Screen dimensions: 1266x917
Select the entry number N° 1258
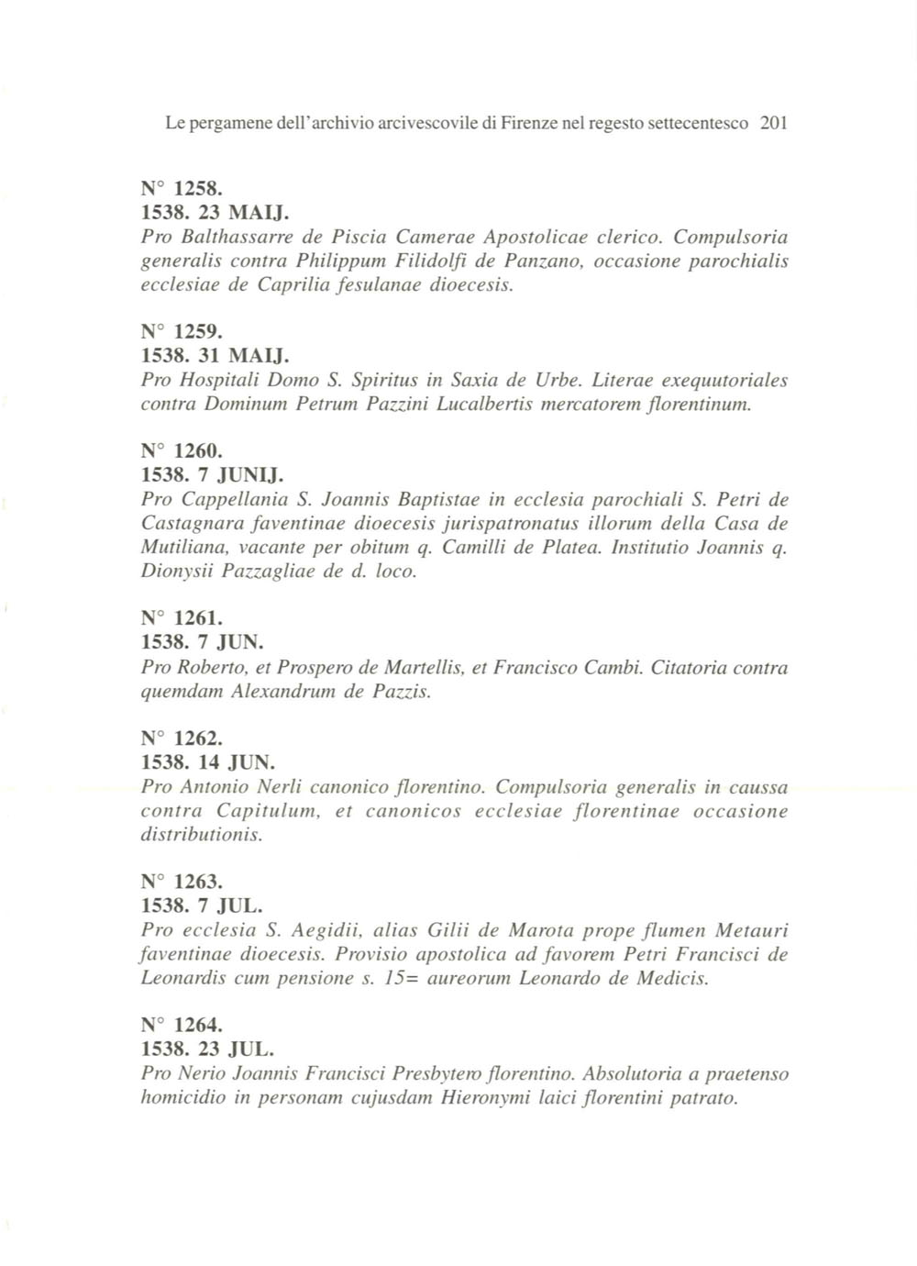[181, 189]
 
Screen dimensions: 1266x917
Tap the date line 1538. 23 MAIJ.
[215, 213]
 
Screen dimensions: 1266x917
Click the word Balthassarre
[226, 237]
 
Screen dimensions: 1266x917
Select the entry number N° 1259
[181, 332]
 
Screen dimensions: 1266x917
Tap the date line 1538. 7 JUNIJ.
[212, 475]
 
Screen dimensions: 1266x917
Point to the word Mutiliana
[182, 548]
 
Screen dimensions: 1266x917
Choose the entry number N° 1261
[181, 618]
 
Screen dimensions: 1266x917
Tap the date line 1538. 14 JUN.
[208, 762]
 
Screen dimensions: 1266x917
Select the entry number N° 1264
[181, 1025]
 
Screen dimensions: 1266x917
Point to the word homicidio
[183, 1097]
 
